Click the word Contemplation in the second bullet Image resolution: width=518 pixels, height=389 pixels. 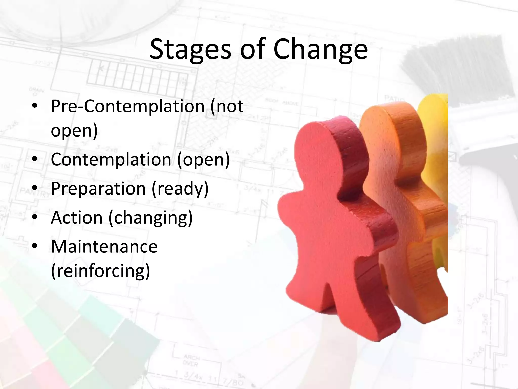(x=111, y=160)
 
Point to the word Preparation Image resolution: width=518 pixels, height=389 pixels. (x=98, y=189)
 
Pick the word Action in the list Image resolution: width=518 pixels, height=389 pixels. (x=77, y=218)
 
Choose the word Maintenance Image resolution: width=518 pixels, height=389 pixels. (x=104, y=247)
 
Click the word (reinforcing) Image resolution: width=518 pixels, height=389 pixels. (x=101, y=271)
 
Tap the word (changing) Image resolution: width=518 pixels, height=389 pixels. (x=151, y=218)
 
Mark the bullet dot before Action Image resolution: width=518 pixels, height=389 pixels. (x=35, y=217)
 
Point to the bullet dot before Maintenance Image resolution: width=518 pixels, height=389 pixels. (x=35, y=246)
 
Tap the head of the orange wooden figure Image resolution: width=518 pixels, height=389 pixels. (x=387, y=134)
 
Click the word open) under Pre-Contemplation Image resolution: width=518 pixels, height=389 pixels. (x=74, y=131)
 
